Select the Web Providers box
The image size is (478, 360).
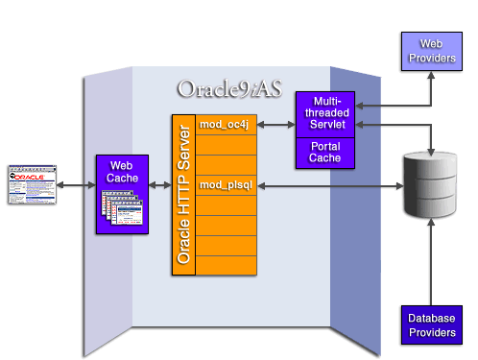pyautogui.click(x=429, y=50)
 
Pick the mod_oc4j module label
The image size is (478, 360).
pyautogui.click(x=223, y=125)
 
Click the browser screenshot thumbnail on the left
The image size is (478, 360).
pyautogui.click(x=30, y=183)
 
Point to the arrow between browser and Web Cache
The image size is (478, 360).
pyautogui.click(x=75, y=184)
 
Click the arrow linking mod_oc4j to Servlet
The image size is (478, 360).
pyautogui.click(x=275, y=125)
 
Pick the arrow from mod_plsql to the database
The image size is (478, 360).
pyautogui.click(x=326, y=184)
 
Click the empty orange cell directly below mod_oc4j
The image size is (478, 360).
pyautogui.click(x=227, y=145)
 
